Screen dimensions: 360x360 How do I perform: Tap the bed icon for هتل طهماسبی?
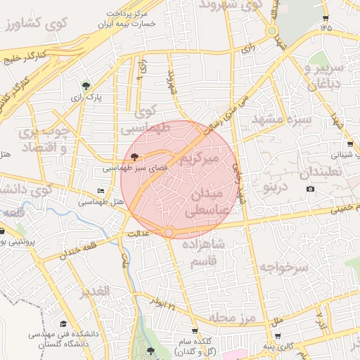click(x=101, y=191)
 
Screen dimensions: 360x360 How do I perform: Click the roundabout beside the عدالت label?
click(x=169, y=232)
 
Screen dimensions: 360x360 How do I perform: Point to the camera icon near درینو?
click(x=311, y=188)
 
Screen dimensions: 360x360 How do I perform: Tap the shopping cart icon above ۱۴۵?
click(x=326, y=18)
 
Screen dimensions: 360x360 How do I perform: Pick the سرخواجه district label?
click(x=283, y=267)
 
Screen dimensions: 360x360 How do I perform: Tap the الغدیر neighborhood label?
click(x=94, y=291)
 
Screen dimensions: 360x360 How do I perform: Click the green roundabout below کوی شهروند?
click(x=271, y=31)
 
